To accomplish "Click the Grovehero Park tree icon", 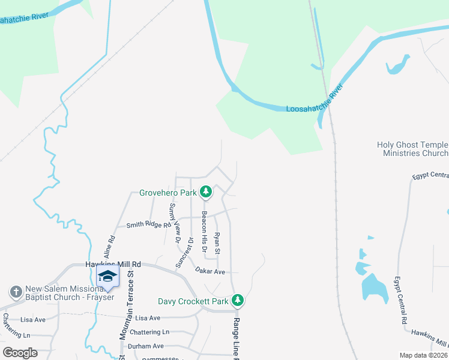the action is pyautogui.click(x=206, y=193).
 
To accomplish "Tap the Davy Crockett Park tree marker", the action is pyautogui.click(x=238, y=300).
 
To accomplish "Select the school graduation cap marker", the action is pyautogui.click(x=107, y=276).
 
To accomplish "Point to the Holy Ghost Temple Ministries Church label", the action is pyautogui.click(x=412, y=149).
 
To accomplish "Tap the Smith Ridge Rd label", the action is pyautogui.click(x=144, y=225).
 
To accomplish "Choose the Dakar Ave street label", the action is pyautogui.click(x=209, y=271).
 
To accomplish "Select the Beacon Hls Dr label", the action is pyautogui.click(x=205, y=230).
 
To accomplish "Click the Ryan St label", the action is pyautogui.click(x=218, y=242).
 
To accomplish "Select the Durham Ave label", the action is pyautogui.click(x=149, y=346).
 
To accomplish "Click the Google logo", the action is pyautogui.click(x=20, y=353).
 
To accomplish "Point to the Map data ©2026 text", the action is pyautogui.click(x=423, y=355).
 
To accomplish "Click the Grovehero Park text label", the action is pyautogui.click(x=168, y=193).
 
